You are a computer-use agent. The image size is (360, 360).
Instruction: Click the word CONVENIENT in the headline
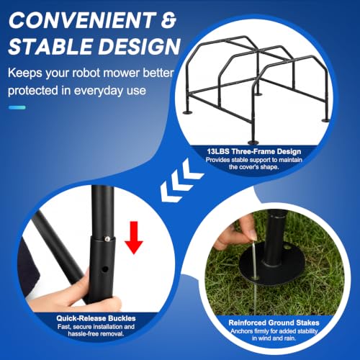82,20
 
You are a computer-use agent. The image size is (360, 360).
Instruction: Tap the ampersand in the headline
169,20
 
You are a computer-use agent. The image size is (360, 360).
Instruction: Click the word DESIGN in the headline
140,46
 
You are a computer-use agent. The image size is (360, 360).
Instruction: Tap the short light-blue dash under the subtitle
17,107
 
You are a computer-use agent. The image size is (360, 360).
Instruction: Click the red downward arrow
134,238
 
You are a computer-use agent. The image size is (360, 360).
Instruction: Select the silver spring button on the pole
107,238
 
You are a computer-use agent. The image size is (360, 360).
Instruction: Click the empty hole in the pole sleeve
104,269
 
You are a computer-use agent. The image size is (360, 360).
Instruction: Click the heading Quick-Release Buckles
96,318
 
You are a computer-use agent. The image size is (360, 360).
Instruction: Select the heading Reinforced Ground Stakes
274,323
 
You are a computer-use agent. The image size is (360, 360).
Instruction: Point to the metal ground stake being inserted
255,276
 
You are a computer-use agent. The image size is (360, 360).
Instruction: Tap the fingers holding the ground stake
235,234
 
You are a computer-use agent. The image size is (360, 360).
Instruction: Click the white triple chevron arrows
181,181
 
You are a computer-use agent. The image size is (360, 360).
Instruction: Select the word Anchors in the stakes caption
242,331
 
